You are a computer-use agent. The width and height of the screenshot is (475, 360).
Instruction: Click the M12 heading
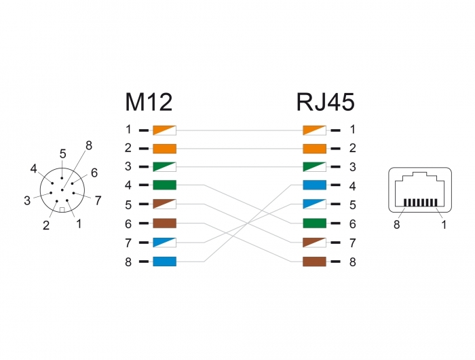coord(149,102)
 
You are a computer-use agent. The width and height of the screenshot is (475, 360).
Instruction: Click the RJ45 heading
coord(325,102)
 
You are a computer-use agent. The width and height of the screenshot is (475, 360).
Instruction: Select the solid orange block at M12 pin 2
coord(164,149)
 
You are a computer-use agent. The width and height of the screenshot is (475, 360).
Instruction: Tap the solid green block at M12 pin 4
coord(164,185)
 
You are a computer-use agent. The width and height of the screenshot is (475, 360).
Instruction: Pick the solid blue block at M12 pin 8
coord(164,262)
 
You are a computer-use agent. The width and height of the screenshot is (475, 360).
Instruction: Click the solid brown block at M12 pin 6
coord(164,223)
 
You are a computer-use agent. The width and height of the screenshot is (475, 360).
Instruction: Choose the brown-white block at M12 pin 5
coord(164,204)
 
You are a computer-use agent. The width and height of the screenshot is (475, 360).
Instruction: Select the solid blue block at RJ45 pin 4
coord(314,185)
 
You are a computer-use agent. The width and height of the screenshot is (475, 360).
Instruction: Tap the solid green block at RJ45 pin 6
coord(314,223)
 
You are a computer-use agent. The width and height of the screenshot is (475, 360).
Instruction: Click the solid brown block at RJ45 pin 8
coord(314,262)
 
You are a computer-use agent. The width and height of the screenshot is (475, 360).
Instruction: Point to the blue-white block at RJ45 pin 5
coord(314,204)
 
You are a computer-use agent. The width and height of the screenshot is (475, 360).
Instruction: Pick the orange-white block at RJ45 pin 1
coord(314,130)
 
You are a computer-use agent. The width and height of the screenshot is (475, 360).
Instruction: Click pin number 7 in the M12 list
coord(128,243)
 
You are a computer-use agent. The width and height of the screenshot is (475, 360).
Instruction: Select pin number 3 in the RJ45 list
coord(352,167)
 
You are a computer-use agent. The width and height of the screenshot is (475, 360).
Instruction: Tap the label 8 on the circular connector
coord(89,145)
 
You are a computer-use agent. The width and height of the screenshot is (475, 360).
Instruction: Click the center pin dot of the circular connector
coord(62,190)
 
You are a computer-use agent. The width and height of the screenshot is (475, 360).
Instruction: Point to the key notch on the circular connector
coord(62,210)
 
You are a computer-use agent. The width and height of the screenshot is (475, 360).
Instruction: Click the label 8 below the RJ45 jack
coord(396,225)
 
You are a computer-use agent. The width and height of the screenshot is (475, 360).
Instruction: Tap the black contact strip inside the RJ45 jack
coord(421,202)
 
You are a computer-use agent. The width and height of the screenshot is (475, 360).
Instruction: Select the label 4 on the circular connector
coord(34,169)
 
